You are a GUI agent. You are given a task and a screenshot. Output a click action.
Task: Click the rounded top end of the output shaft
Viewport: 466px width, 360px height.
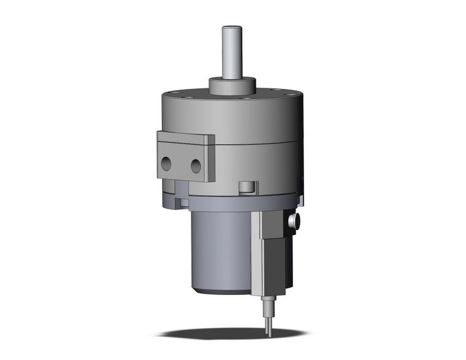pyautogui.click(x=232, y=28)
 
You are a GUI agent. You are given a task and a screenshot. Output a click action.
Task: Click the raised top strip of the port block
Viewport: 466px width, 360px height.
pyautogui.click(x=183, y=139)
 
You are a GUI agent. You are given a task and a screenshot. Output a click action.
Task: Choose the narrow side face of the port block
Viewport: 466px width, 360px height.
pyautogui.click(x=210, y=161)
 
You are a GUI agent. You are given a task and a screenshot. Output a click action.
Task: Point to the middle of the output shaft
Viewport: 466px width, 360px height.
pyautogui.click(x=232, y=55)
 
